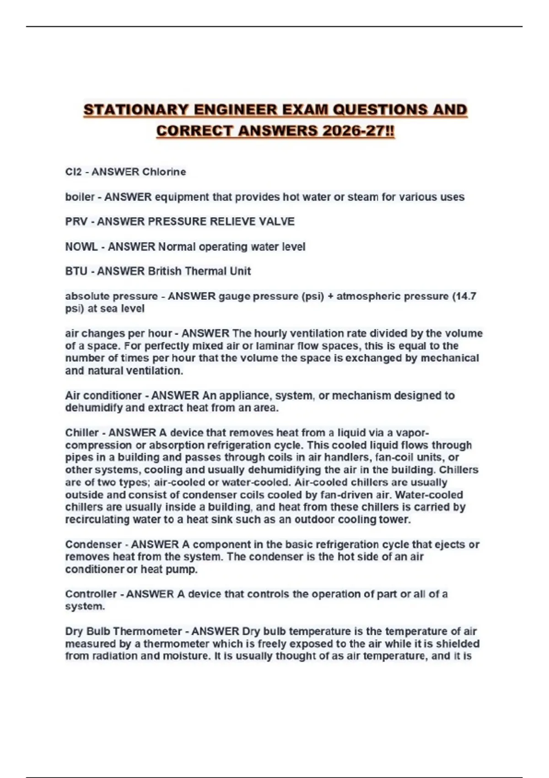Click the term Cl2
tap(73, 172)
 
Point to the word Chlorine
tap(164, 172)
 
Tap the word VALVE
tap(277, 222)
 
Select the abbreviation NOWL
tap(81, 247)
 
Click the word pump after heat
tap(185, 569)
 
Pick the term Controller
tap(90, 594)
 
